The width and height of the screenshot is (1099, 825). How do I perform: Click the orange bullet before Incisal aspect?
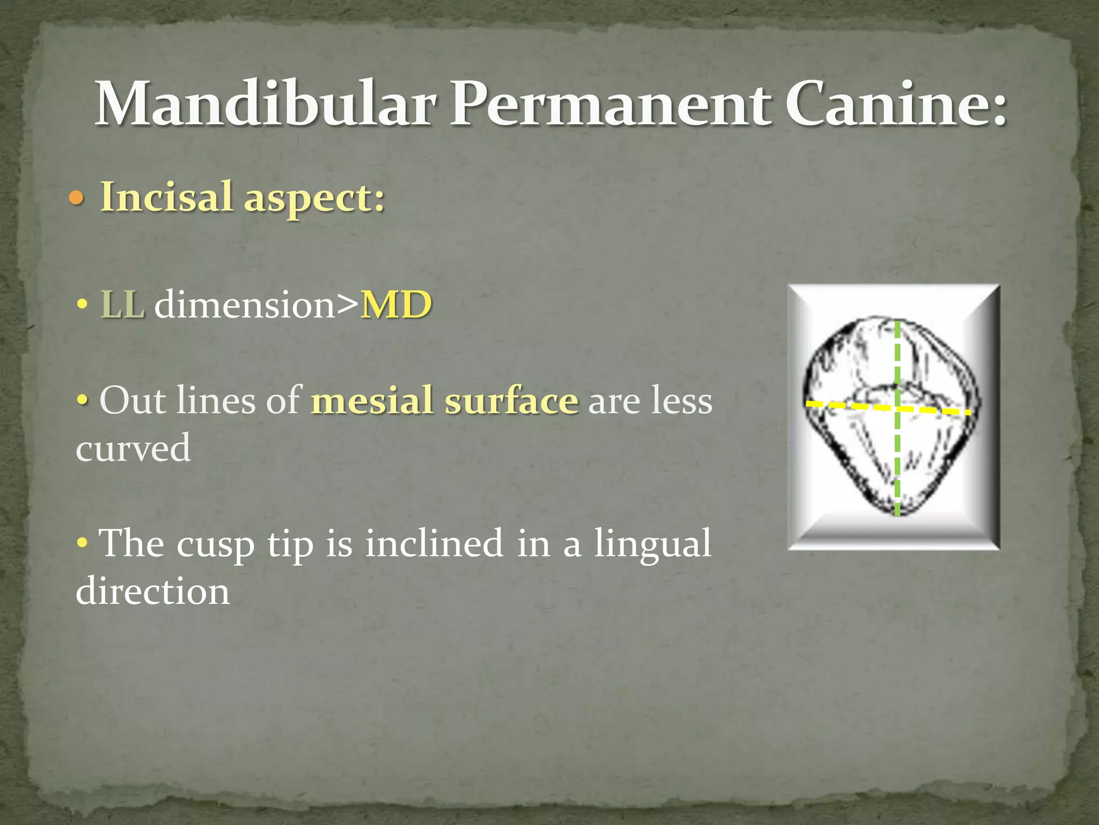[77, 199]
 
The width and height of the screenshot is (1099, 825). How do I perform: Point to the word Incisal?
[167, 197]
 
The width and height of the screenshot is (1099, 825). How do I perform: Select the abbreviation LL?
[122, 305]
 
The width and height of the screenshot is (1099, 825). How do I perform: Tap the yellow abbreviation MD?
[396, 305]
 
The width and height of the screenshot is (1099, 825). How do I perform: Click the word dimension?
[245, 305]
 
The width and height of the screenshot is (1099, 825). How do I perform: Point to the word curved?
[133, 448]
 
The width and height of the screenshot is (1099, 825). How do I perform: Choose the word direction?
[153, 591]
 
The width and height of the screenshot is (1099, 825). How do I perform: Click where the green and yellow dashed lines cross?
[897, 408]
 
